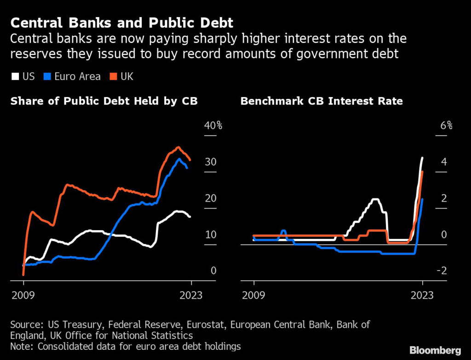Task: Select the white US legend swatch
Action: (15, 76)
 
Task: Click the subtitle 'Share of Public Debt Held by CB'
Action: (104, 101)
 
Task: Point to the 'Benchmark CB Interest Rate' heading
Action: (322, 101)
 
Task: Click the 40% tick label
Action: (213, 126)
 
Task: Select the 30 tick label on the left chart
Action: (211, 162)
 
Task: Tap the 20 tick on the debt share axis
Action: (211, 198)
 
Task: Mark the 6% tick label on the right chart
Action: (447, 126)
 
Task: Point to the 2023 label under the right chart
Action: (423, 295)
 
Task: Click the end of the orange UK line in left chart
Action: (190, 160)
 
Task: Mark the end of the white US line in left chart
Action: (190, 216)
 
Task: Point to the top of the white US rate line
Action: (422, 158)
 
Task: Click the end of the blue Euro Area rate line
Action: (422, 199)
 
